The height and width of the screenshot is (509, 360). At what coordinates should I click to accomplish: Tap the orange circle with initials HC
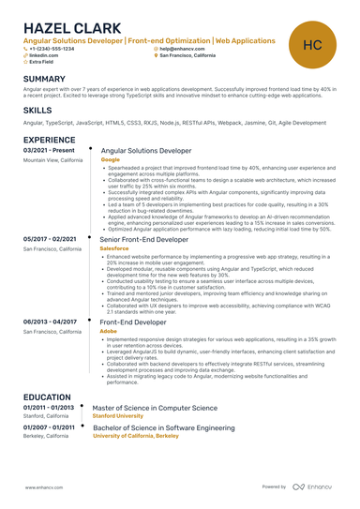click(312, 44)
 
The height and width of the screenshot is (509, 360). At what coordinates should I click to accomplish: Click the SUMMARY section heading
click(44, 79)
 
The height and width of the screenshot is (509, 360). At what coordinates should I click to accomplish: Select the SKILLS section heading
click(37, 111)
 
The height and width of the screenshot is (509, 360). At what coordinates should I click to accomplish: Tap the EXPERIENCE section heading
click(49, 140)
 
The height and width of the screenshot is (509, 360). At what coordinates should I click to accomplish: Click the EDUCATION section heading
click(47, 397)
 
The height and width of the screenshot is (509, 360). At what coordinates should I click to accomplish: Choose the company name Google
click(110, 160)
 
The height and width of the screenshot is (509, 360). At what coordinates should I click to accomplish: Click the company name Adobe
click(109, 331)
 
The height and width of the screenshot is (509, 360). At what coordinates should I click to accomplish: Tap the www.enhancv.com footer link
click(43, 487)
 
